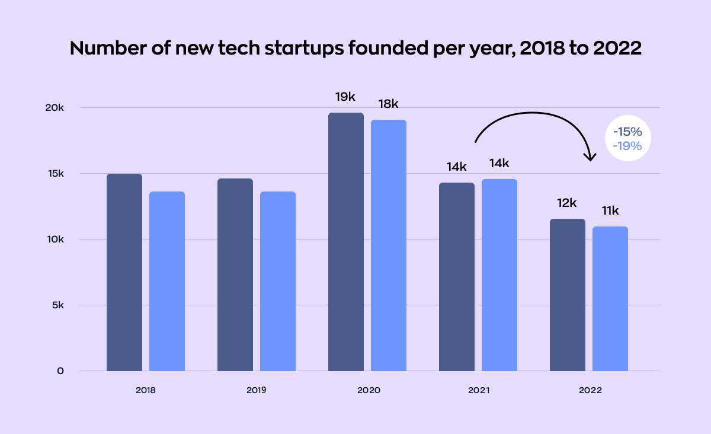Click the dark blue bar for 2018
(x=124, y=272)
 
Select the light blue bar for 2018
(x=167, y=281)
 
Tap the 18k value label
(x=389, y=104)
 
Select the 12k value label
(x=567, y=203)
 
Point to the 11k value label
(x=610, y=210)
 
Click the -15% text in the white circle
(x=627, y=132)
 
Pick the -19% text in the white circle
(x=627, y=146)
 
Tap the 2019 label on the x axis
(x=256, y=390)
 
